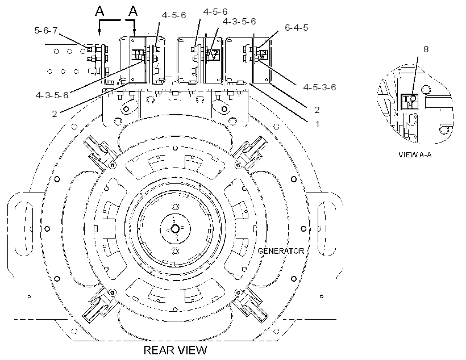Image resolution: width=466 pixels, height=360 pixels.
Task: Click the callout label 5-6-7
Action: click(46, 30)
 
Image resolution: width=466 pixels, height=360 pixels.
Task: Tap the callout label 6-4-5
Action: click(296, 28)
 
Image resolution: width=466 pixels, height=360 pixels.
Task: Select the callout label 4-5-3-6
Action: click(319, 87)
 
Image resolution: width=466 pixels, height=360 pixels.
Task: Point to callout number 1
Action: click(317, 124)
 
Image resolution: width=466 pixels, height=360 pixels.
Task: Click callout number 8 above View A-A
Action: click(426, 49)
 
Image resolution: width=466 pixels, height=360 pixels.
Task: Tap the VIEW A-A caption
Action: click(415, 155)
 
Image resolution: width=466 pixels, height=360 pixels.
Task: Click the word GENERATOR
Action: click(281, 251)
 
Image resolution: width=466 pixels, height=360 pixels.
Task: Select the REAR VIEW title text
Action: click(175, 350)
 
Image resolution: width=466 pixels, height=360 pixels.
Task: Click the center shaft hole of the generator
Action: click(175, 229)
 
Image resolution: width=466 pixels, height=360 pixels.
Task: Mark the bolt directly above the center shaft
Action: click(176, 206)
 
